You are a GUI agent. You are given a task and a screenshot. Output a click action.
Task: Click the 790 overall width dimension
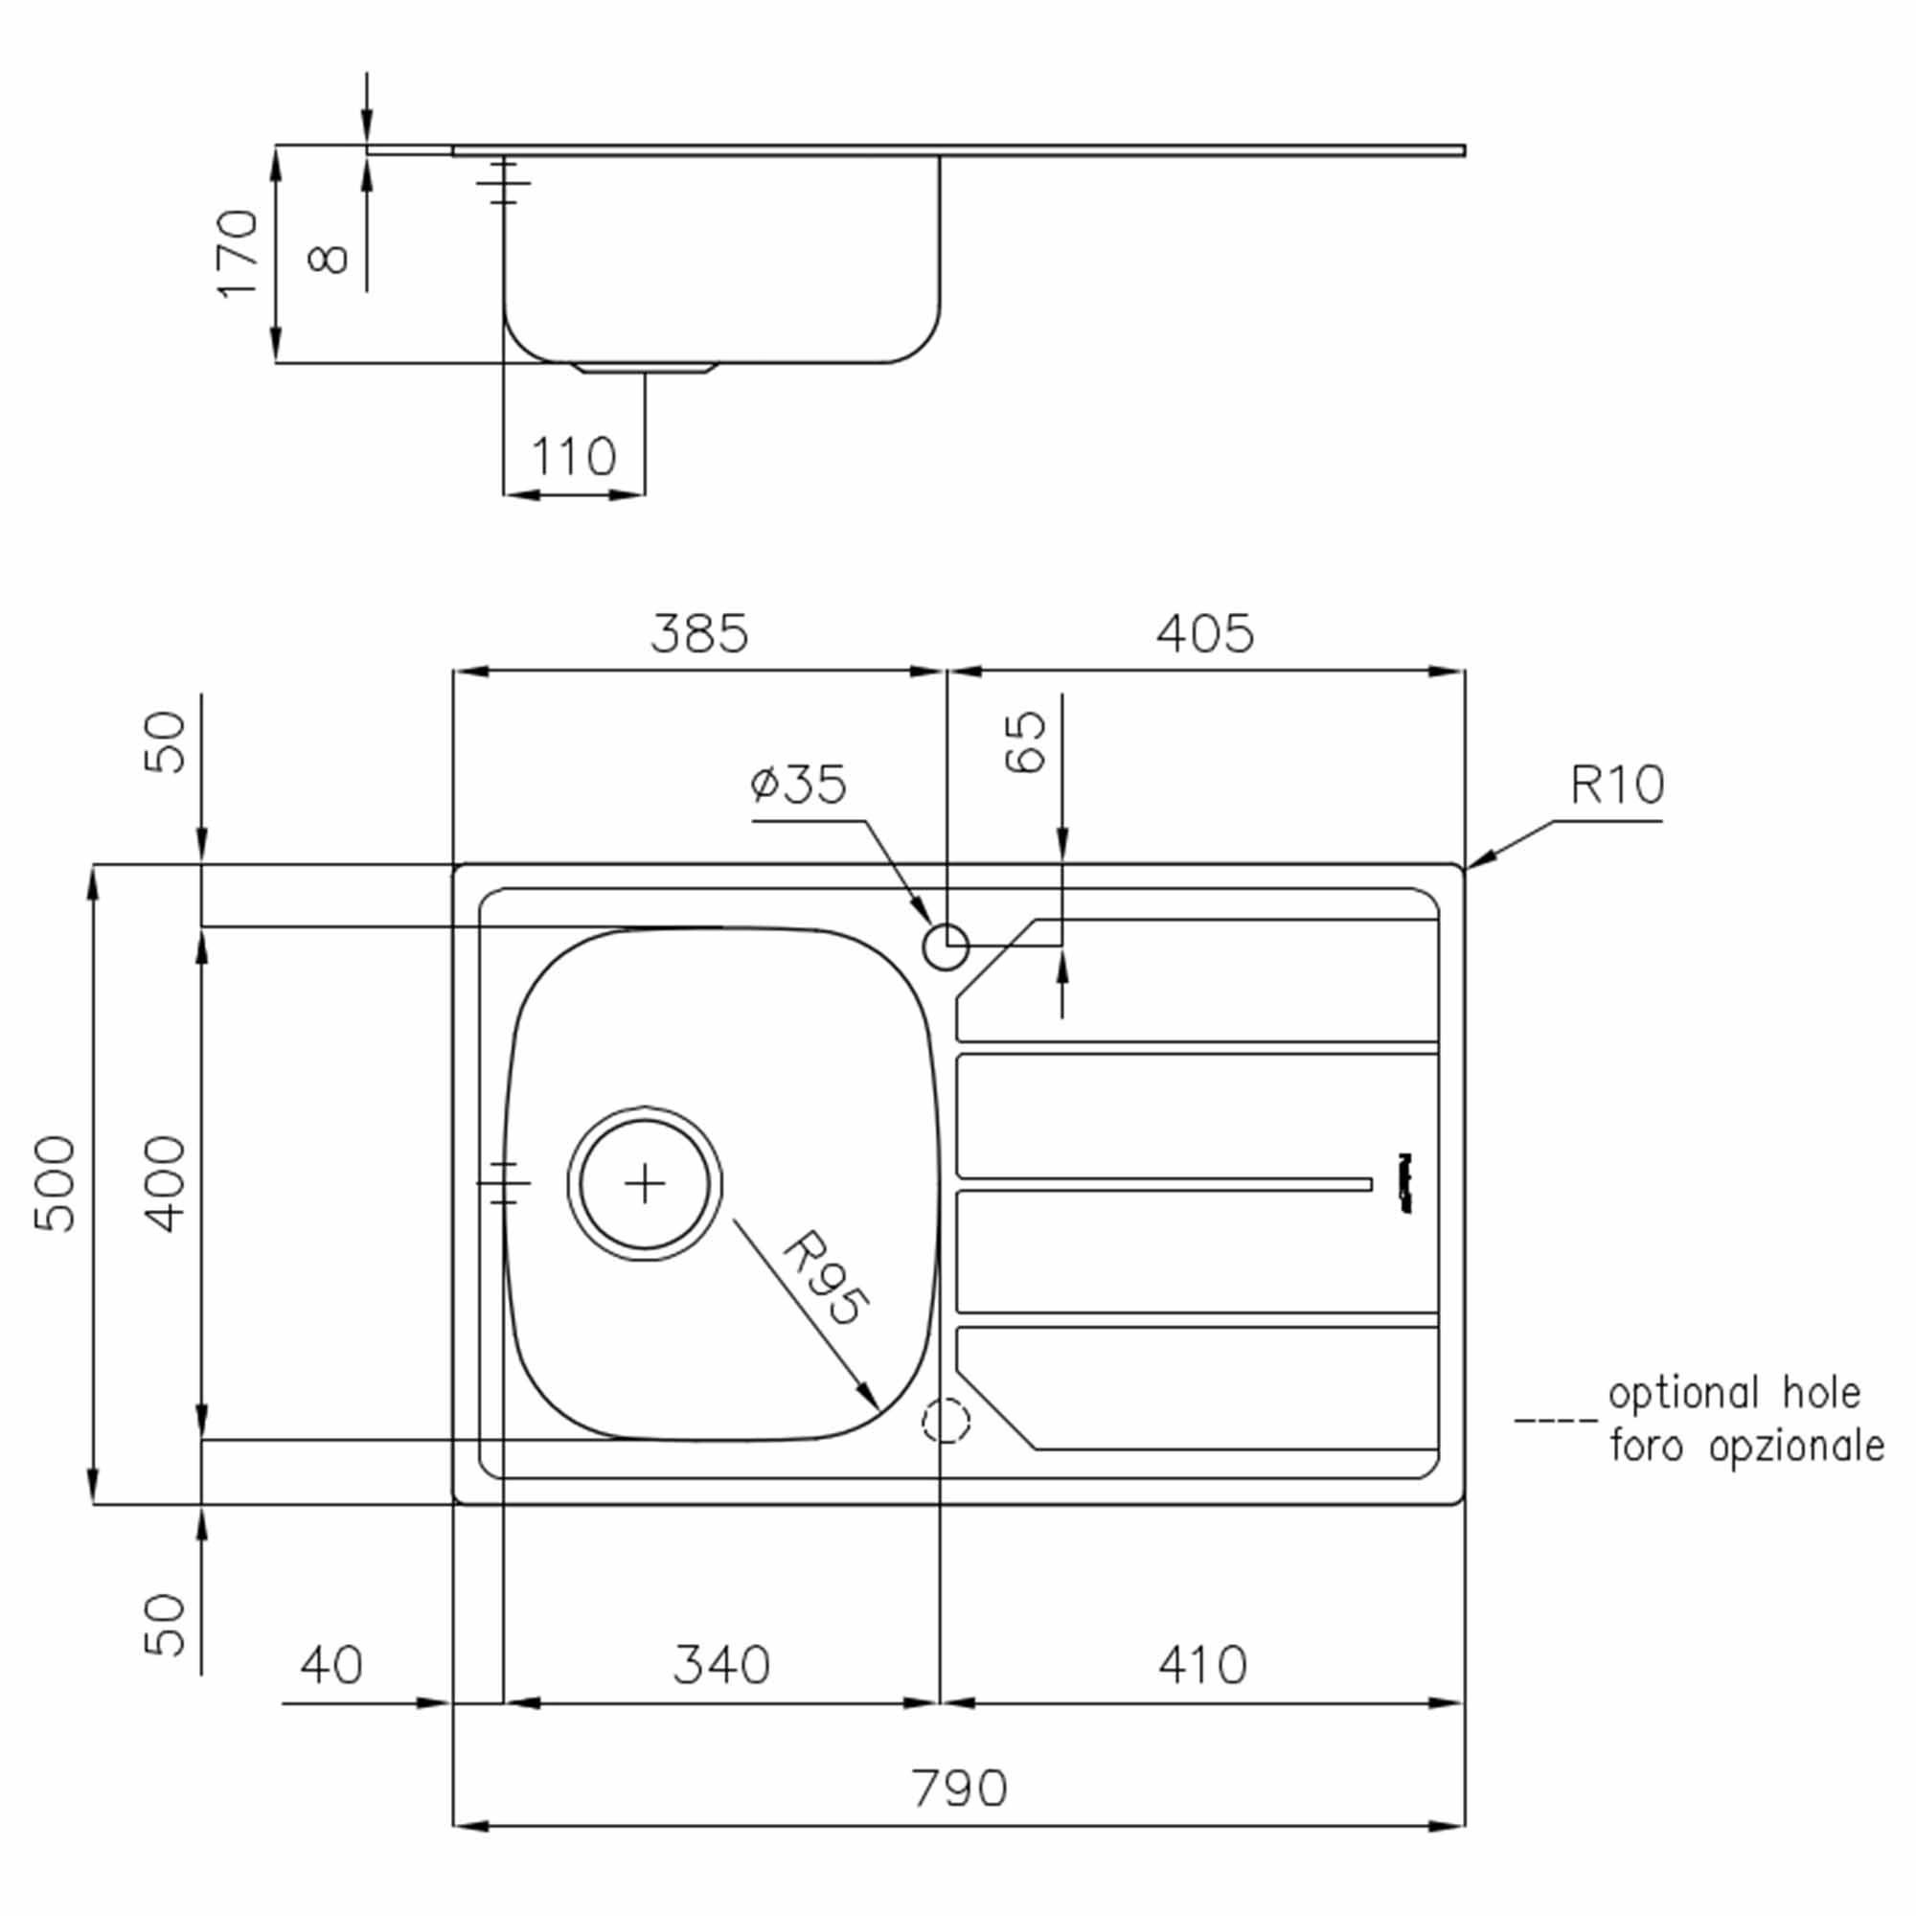tap(959, 1788)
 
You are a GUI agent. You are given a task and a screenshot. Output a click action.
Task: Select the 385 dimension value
tap(699, 632)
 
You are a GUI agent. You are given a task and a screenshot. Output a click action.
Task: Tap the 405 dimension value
tap(1205, 632)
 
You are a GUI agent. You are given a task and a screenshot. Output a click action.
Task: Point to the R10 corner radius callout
tap(1616, 786)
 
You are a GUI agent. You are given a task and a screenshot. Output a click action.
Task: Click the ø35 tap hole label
tap(798, 784)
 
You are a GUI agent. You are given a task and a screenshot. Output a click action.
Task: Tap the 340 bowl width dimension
tap(721, 1665)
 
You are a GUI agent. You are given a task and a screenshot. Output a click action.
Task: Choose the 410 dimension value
tap(1202, 1665)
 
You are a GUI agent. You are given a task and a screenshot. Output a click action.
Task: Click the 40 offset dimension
tap(331, 1665)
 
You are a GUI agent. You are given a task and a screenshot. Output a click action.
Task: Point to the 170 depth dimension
tap(238, 253)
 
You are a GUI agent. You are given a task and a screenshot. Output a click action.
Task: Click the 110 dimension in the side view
tap(573, 456)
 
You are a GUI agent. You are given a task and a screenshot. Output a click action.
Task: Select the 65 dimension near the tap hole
tap(1025, 741)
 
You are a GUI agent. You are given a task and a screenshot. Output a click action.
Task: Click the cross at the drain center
tap(646, 1183)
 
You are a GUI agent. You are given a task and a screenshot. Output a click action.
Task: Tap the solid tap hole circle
tap(947, 947)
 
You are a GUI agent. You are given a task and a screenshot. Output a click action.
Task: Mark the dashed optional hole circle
tap(947, 1420)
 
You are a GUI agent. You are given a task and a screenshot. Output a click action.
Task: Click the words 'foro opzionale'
tap(1746, 1446)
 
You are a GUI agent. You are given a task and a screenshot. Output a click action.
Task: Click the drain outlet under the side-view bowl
tap(645, 368)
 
